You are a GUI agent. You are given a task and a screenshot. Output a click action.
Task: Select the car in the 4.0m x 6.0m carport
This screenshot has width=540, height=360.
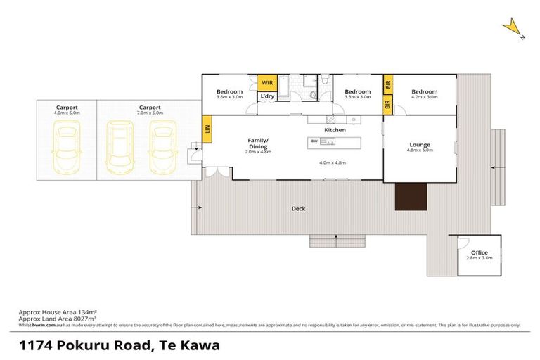pyautogui.click(x=67, y=141)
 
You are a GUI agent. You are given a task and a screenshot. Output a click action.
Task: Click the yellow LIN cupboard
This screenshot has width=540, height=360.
pyautogui.click(x=207, y=129)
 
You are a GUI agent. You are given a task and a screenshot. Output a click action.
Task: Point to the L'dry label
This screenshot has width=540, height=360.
pyautogui.click(x=266, y=96)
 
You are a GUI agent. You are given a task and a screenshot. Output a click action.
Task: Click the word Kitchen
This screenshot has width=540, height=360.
pyautogui.click(x=335, y=131)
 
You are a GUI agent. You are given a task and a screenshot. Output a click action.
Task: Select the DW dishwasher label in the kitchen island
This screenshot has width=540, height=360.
pyautogui.click(x=314, y=141)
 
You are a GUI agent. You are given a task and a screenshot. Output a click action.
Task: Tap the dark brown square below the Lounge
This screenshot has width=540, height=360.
pyautogui.click(x=411, y=196)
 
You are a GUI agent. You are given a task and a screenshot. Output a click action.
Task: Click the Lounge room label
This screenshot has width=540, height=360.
pyautogui.click(x=420, y=146)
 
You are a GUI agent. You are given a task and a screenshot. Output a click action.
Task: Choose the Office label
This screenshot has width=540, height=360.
pyautogui.click(x=480, y=252)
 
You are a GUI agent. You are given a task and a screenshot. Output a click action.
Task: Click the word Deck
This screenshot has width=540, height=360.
pyautogui.click(x=298, y=208)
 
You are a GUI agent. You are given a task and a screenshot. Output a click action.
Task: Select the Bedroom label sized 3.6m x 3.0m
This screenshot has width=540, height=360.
pyautogui.click(x=229, y=92)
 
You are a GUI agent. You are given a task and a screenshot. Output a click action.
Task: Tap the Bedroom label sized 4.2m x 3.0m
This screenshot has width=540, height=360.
pyautogui.click(x=424, y=92)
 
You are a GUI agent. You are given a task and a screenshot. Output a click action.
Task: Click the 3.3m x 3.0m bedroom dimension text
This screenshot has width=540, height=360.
pyautogui.click(x=357, y=98)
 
